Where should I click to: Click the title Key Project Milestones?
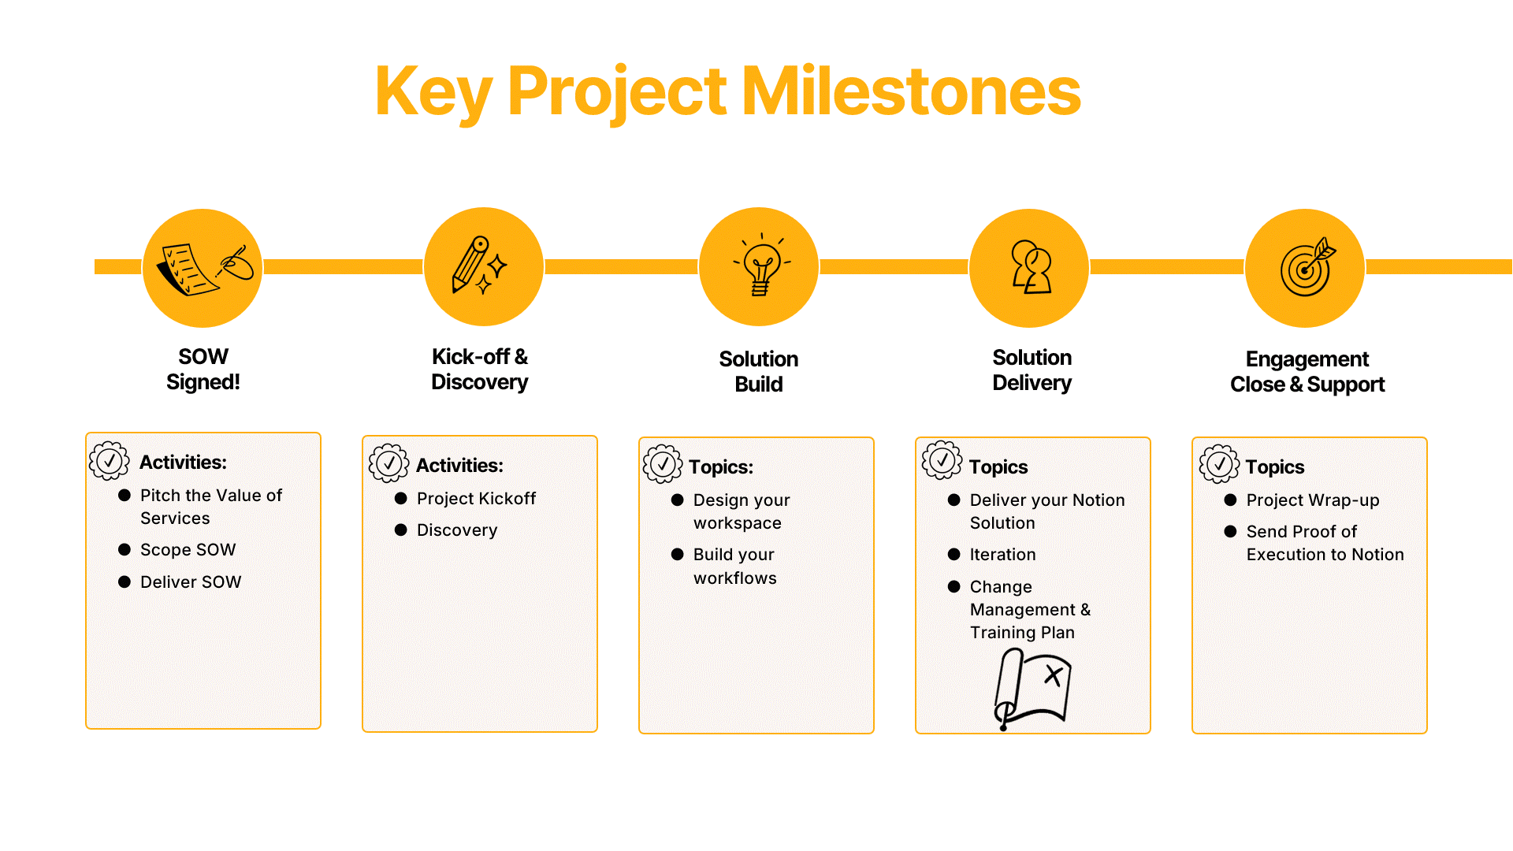pyautogui.click(x=727, y=91)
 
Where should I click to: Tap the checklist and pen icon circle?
pyautogui.click(x=203, y=268)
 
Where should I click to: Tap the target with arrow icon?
pyautogui.click(x=1305, y=268)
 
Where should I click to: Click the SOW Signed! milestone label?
pyautogui.click(x=203, y=370)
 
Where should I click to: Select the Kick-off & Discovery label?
pyautogui.click(x=479, y=370)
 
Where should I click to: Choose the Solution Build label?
pyautogui.click(x=758, y=372)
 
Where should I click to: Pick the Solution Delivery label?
pyautogui.click(x=1032, y=370)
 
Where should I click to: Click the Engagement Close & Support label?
pyautogui.click(x=1307, y=372)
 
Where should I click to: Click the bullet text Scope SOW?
pyautogui.click(x=188, y=550)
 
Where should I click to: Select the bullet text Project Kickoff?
pyautogui.click(x=476, y=499)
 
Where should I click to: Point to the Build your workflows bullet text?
pyautogui.click(x=734, y=567)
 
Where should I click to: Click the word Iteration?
pyautogui.click(x=1002, y=555)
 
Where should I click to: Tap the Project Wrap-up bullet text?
pyautogui.click(x=1312, y=500)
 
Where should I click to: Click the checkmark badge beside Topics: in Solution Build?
pyautogui.click(x=663, y=464)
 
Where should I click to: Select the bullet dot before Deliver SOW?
pyautogui.click(x=125, y=582)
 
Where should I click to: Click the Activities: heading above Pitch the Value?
pyautogui.click(x=183, y=463)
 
